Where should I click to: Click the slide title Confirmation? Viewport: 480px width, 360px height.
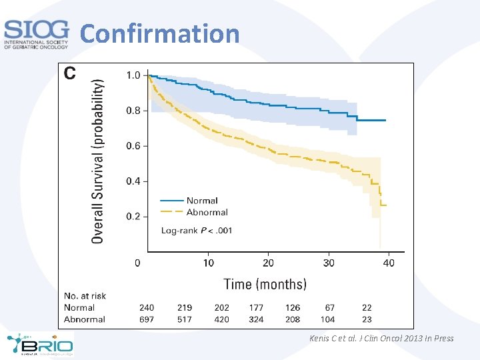click(160, 33)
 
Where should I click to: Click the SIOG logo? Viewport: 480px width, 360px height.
click(36, 34)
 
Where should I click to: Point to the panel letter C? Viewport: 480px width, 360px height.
click(70, 73)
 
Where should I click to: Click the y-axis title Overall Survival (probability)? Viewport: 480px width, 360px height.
click(97, 161)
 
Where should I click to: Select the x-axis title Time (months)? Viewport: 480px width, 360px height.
click(265, 284)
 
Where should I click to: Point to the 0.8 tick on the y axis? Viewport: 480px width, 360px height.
click(133, 111)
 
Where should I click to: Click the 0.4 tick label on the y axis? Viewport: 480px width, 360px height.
click(133, 181)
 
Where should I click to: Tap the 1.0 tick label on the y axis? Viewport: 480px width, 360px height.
click(133, 75)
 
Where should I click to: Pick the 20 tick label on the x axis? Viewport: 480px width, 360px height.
click(268, 263)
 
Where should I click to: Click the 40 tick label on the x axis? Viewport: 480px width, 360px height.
click(389, 263)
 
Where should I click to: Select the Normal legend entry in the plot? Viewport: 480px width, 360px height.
click(202, 201)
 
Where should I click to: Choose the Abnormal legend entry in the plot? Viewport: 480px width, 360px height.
click(207, 213)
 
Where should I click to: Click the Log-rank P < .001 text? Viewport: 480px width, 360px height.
click(197, 231)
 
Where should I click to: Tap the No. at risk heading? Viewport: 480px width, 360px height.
click(85, 296)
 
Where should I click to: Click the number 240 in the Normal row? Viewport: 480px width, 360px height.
click(147, 307)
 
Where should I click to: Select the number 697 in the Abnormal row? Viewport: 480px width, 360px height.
click(147, 319)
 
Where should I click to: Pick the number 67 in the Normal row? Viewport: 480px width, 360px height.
click(329, 307)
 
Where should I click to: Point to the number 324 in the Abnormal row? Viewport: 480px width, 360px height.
click(256, 319)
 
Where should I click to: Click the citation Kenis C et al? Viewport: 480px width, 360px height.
click(381, 339)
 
